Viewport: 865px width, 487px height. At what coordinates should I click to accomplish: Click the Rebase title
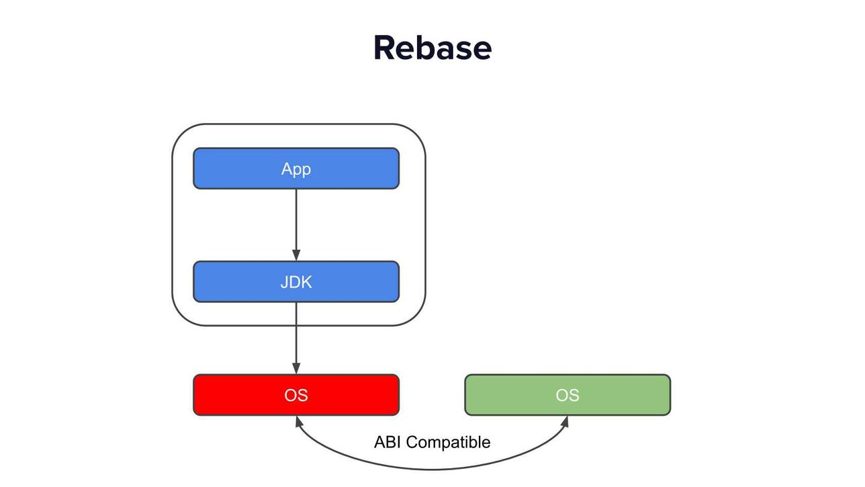(x=432, y=48)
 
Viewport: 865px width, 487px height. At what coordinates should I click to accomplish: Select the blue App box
(x=296, y=169)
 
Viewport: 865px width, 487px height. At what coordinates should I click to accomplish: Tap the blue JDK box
(x=296, y=281)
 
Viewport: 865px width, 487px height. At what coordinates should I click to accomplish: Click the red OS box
(x=296, y=395)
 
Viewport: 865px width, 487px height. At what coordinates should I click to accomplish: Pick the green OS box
(x=567, y=395)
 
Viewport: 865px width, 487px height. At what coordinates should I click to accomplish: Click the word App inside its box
(x=296, y=169)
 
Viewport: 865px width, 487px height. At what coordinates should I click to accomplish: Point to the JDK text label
(x=296, y=282)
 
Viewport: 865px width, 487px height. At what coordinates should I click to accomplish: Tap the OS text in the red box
(x=296, y=395)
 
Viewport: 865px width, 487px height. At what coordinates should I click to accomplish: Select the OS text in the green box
(x=567, y=395)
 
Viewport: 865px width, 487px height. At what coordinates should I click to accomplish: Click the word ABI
(x=388, y=442)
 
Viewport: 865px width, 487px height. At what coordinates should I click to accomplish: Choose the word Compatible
(x=449, y=443)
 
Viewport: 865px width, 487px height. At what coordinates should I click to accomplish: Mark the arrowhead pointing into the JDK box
(x=296, y=255)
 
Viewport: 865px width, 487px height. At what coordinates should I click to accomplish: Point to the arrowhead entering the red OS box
(x=296, y=368)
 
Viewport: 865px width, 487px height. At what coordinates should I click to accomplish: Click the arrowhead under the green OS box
(x=565, y=421)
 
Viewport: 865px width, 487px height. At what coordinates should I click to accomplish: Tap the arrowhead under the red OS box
(x=298, y=421)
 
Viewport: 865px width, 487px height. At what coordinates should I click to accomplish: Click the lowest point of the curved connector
(x=432, y=470)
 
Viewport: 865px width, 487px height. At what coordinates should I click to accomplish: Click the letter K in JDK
(x=306, y=282)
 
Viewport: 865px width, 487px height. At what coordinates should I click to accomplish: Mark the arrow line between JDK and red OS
(x=296, y=339)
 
